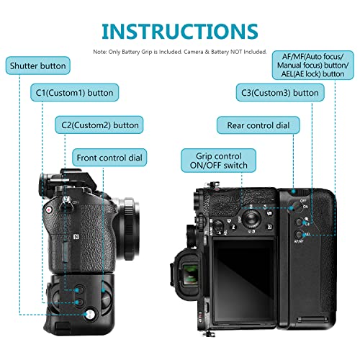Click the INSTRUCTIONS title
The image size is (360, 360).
pyautogui.click(x=179, y=31)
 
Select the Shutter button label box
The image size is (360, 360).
pyautogui.click(x=37, y=66)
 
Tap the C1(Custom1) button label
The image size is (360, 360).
pyautogui.click(x=74, y=93)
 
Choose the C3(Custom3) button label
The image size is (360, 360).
pyautogui.click(x=277, y=93)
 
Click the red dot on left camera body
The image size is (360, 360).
pyautogui.click(x=50, y=210)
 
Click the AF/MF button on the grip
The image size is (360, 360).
pyautogui.click(x=297, y=236)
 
